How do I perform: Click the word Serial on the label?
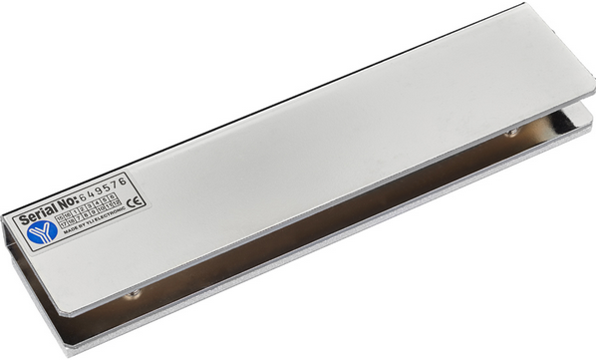[39, 215]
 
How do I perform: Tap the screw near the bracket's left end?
[131, 292]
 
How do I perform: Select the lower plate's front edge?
[329, 261]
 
